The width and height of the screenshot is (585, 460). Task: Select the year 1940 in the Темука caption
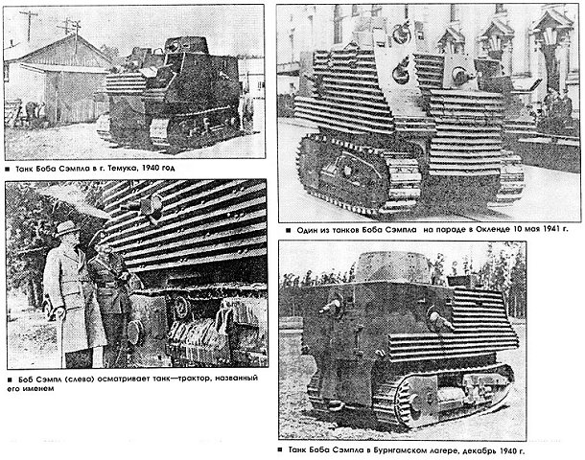(x=151, y=168)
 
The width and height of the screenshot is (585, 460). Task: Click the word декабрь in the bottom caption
(x=478, y=450)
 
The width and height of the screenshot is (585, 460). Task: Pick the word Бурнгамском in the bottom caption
(x=402, y=450)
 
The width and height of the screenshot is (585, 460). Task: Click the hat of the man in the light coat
(x=66, y=228)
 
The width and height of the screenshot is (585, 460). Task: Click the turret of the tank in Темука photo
(x=186, y=45)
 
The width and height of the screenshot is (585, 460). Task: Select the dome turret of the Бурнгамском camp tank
(x=391, y=267)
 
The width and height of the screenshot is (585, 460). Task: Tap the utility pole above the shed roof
(x=29, y=25)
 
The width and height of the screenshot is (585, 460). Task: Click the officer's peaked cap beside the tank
(x=99, y=238)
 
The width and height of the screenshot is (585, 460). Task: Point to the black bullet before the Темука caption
(x=7, y=170)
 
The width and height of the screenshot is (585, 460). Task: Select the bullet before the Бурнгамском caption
(x=280, y=449)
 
